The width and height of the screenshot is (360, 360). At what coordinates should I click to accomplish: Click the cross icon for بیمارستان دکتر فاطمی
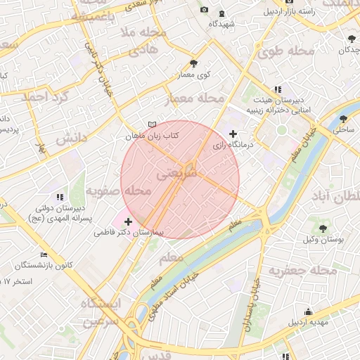[x=127, y=222]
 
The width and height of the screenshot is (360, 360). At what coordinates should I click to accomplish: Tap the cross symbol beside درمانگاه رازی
[x=233, y=134]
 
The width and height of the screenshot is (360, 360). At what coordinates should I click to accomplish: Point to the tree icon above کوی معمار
[x=193, y=64]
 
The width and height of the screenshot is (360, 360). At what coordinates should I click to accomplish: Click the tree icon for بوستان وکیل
[x=323, y=228]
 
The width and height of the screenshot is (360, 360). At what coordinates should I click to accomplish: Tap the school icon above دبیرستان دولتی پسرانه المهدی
[x=60, y=197]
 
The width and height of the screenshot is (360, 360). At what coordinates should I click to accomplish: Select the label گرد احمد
[x=43, y=96]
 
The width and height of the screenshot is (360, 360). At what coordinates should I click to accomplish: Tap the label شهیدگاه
[x=221, y=24]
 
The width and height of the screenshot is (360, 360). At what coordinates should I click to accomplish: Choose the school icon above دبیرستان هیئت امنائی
[x=278, y=89]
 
